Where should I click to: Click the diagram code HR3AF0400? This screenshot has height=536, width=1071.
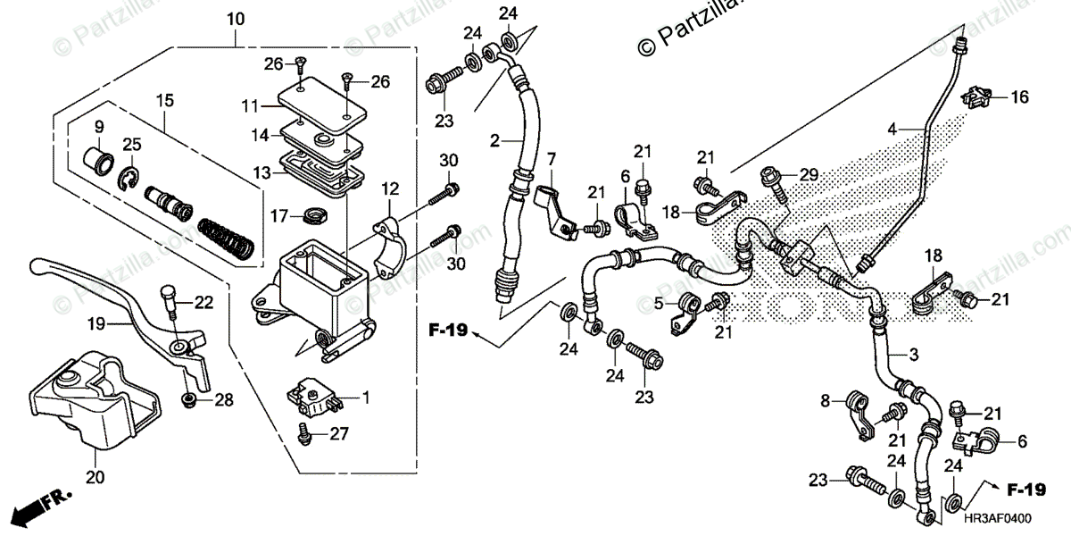point(1001,517)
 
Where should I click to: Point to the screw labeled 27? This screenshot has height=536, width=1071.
point(305,434)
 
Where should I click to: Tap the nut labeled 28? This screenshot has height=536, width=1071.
point(189,400)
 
